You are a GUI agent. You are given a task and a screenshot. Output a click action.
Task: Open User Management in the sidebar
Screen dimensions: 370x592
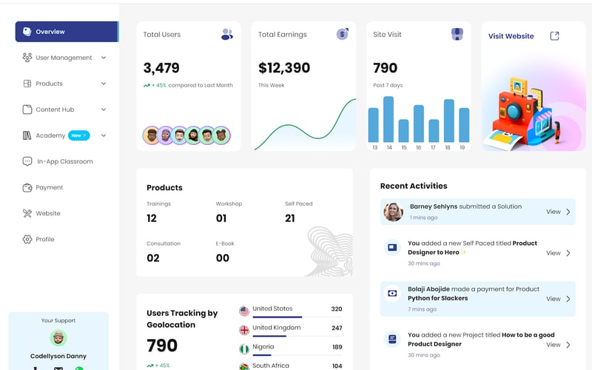64,58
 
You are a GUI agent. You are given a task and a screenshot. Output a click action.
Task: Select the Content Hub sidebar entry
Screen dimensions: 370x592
55,110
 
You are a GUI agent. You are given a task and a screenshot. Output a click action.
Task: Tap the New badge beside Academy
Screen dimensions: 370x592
78,135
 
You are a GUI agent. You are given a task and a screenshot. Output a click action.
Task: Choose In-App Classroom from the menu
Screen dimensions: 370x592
65,161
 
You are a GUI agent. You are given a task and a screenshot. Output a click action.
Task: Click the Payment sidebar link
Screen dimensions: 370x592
50,187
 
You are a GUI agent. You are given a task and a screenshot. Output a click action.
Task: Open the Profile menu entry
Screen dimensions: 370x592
45,239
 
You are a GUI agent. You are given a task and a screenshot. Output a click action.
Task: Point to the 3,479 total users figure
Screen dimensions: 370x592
161,68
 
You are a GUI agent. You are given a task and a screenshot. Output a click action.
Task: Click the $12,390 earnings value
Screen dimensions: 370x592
284,68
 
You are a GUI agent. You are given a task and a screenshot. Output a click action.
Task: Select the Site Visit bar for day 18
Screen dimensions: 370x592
448,121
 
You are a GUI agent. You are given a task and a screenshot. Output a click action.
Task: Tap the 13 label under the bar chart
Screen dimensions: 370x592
374,147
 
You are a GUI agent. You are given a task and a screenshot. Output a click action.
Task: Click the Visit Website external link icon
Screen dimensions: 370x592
555,36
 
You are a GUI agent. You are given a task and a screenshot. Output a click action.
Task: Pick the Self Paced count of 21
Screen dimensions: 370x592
290,218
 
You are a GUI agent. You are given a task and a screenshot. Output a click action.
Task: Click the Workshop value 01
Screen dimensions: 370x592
221,218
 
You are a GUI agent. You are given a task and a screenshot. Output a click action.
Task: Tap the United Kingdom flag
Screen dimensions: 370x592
244,329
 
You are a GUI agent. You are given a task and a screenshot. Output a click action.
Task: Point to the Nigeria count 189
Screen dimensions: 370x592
337,347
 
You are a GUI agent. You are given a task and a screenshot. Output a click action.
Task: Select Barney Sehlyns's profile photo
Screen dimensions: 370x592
393,212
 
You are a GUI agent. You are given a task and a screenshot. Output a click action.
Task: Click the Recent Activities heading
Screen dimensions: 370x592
414,186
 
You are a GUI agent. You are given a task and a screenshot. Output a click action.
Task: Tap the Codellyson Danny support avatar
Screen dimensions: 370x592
58,338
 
